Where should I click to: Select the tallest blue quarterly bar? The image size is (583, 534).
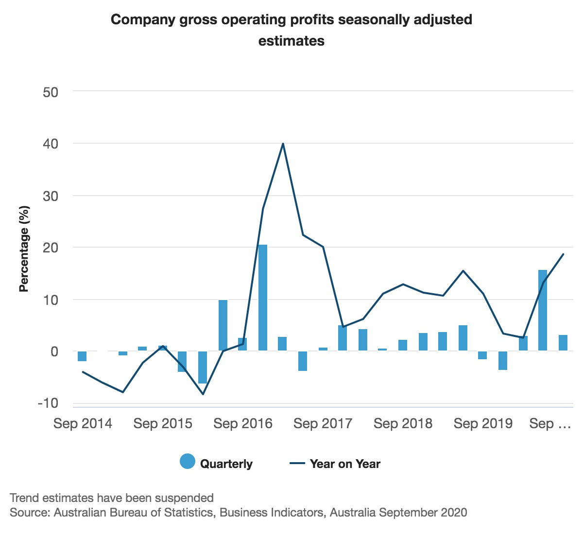tap(263, 297)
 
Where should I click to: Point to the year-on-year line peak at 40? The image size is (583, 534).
tap(283, 144)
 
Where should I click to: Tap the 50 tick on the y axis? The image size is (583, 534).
tap(51, 92)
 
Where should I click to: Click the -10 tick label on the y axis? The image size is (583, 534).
tap(48, 403)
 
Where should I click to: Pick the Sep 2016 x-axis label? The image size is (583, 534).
tap(243, 424)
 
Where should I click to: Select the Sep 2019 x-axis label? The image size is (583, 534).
tap(483, 424)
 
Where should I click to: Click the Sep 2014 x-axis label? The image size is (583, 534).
tap(83, 424)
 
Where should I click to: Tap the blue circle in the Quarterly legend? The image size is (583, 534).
tap(188, 462)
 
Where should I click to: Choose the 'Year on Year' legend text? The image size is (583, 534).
tap(345, 464)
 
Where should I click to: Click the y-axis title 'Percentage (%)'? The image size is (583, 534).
tap(24, 249)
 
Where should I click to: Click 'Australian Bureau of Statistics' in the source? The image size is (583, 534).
tap(133, 513)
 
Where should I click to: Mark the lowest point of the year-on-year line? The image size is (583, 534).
tap(203, 394)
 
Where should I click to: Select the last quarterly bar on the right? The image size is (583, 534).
tap(563, 343)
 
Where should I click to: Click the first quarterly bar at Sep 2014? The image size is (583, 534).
tap(82, 356)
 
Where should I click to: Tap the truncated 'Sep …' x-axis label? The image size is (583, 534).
tap(550, 424)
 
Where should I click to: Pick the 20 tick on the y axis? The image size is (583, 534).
tap(51, 248)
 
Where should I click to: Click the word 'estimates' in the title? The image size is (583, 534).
tap(291, 41)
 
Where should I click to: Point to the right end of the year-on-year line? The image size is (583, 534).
tap(564, 254)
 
